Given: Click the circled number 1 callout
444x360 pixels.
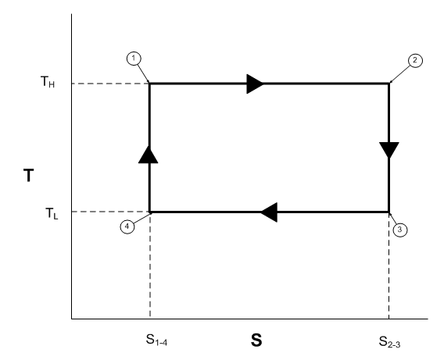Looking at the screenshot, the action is click(x=134, y=59).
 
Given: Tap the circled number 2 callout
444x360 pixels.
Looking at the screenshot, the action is click(x=415, y=60).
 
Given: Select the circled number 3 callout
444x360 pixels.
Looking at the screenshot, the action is click(x=399, y=230).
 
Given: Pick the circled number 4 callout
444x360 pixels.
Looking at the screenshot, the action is click(x=127, y=226).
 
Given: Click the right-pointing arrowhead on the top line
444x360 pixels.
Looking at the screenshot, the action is click(x=255, y=84).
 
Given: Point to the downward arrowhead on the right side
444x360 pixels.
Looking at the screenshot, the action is click(x=389, y=150).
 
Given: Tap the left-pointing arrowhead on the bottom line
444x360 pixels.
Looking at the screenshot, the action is click(x=269, y=212).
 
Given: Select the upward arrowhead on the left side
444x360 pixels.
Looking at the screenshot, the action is click(x=148, y=155).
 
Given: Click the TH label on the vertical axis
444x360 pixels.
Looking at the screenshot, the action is click(x=48, y=82).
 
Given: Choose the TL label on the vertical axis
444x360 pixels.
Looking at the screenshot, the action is click(x=52, y=213).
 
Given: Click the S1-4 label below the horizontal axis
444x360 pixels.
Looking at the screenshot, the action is click(x=156, y=340).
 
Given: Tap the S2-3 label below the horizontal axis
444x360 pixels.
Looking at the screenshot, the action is click(x=389, y=341).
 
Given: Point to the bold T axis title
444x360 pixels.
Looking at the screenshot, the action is click(x=29, y=175).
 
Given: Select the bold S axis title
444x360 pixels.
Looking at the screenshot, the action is click(x=256, y=340).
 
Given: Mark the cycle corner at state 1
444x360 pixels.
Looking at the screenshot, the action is click(x=149, y=84).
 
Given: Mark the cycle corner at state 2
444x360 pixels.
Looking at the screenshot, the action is click(x=389, y=84).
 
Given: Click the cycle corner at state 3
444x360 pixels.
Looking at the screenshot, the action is click(x=389, y=212).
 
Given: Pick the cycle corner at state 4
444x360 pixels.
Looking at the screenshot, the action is click(x=149, y=212).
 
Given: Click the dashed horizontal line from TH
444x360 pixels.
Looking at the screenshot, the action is click(x=110, y=84).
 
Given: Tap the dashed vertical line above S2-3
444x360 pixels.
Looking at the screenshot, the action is click(x=389, y=266).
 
